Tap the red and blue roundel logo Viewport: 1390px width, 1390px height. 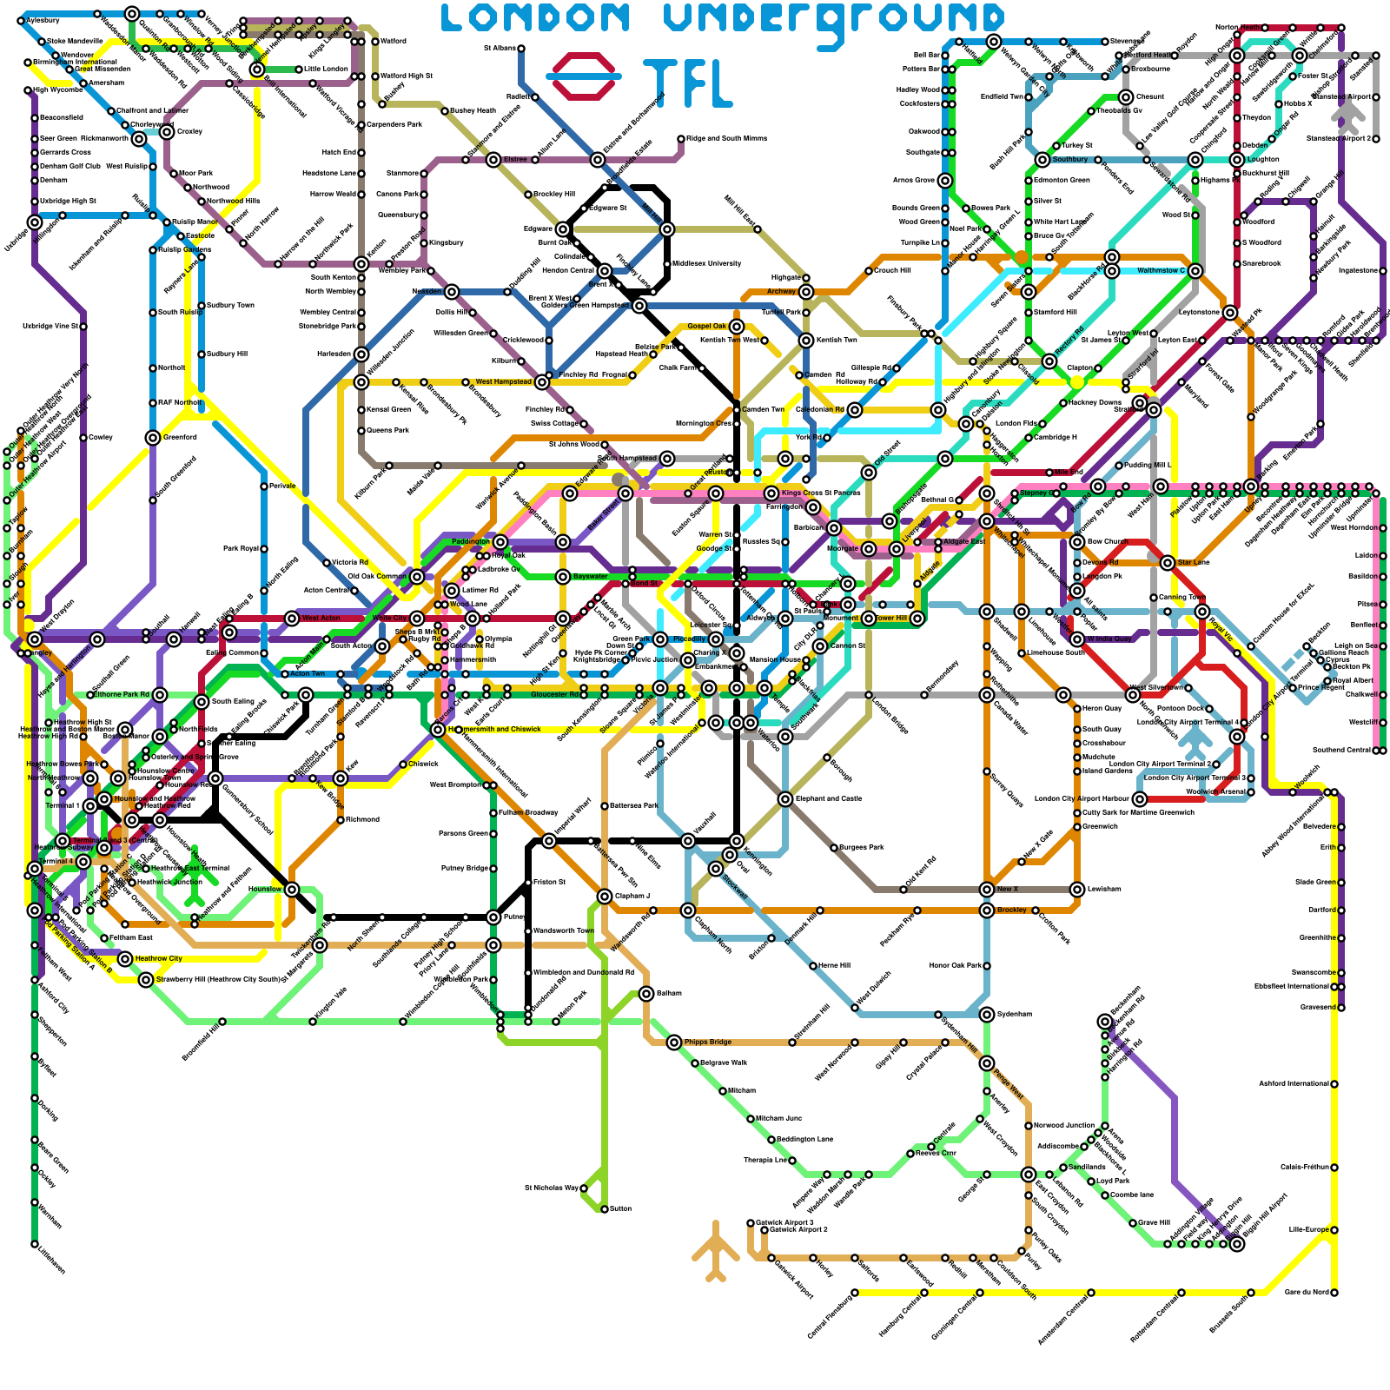[584, 76]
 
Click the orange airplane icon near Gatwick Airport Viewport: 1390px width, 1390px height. [715, 1251]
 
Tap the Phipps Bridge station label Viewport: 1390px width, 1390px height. [707, 1042]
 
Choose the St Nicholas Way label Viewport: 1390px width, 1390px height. [552, 1188]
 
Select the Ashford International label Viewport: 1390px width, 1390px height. [1294, 1083]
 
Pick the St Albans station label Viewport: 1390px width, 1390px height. [500, 48]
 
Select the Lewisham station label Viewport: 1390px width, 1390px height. [1102, 889]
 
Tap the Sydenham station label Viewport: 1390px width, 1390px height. [1015, 1014]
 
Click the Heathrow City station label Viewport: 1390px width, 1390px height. [158, 958]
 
